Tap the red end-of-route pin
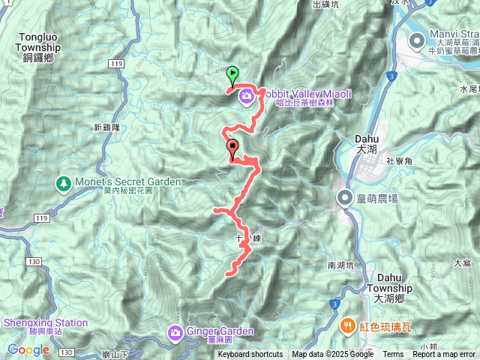click(x=232, y=148)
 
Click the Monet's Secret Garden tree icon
click(x=64, y=183)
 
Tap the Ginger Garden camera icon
click(x=175, y=331)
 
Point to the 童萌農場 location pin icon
click(x=345, y=198)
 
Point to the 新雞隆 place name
click(x=106, y=127)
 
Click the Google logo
click(x=28, y=349)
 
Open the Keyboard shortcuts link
click(x=250, y=355)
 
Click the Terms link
click(x=393, y=355)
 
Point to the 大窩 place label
click(x=462, y=263)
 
